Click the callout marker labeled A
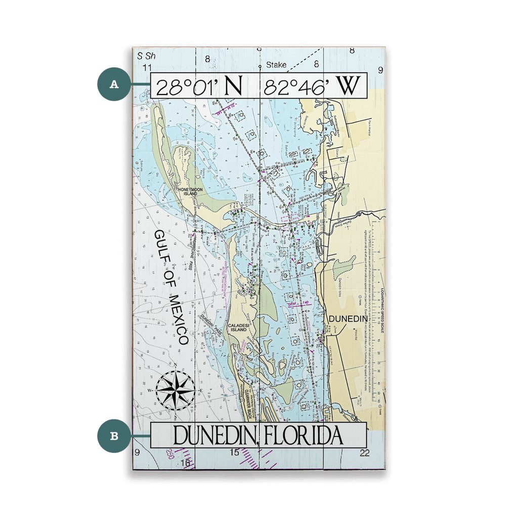point(114,84)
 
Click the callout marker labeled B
point(114,436)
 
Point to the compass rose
point(175,391)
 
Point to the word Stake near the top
point(276,65)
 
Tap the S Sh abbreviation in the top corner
point(146,56)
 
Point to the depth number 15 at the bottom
point(234,452)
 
